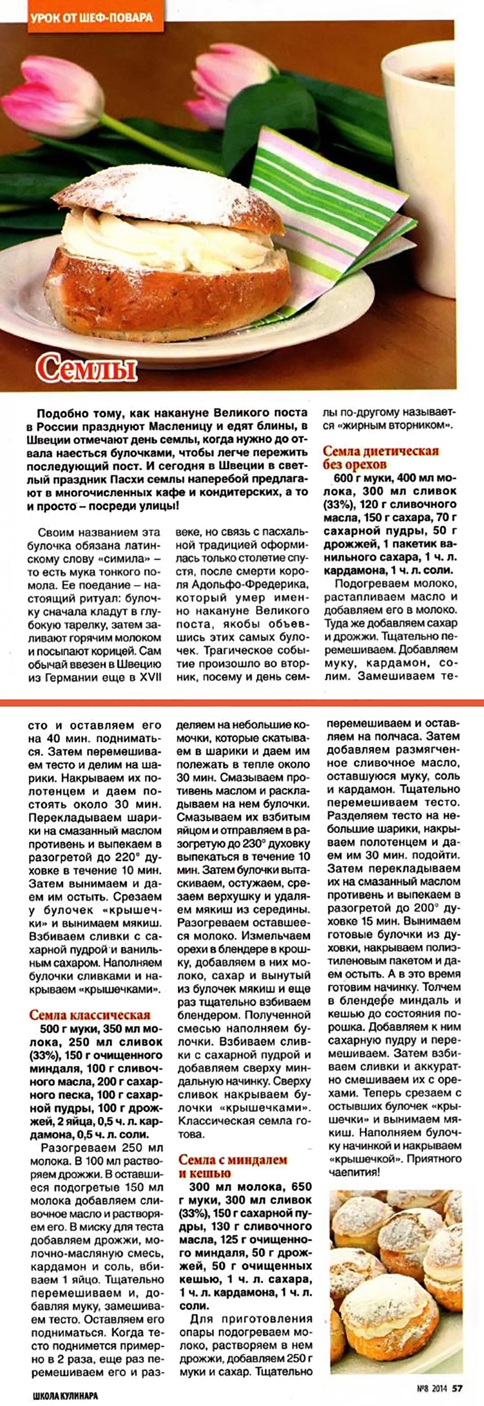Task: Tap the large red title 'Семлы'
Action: point(87,370)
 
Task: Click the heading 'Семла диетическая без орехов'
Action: point(381,457)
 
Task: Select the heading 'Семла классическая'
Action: point(89,1014)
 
